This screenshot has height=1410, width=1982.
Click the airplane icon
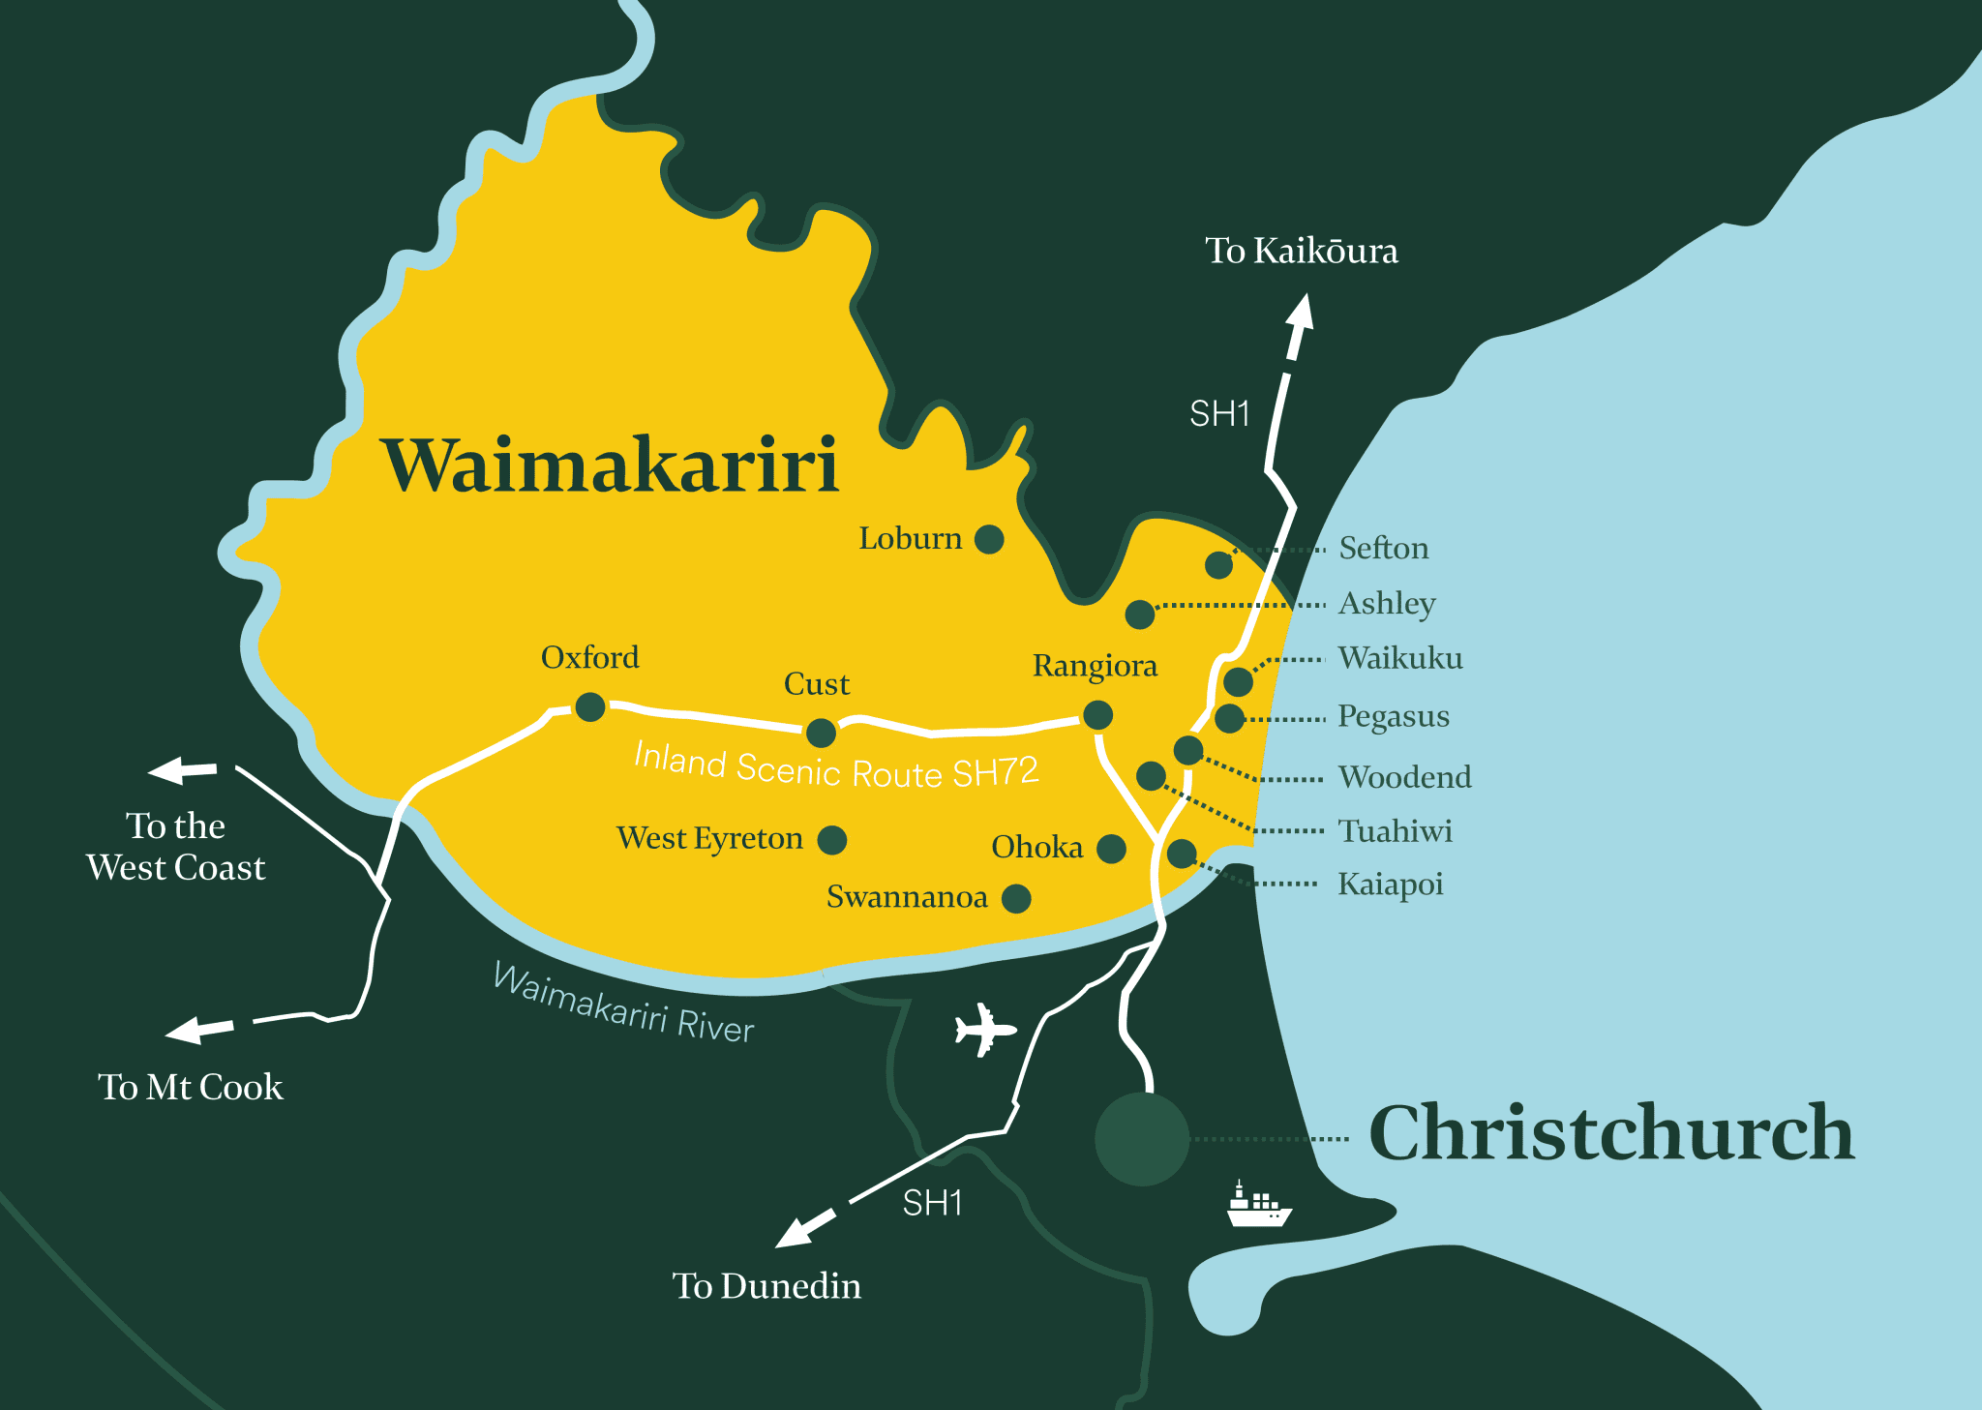coord(985,1029)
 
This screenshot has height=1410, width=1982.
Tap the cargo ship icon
coord(1258,1207)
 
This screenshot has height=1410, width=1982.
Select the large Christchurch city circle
coord(1142,1139)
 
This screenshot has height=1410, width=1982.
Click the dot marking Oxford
coord(590,706)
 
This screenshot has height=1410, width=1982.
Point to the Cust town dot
coord(821,733)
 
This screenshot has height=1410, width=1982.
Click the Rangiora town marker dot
coord(1097,715)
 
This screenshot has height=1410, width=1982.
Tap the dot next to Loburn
coord(989,539)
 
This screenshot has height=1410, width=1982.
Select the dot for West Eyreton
coord(832,840)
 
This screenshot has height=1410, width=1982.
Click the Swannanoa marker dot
coord(1016,898)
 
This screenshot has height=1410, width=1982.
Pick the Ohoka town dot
coord(1111,849)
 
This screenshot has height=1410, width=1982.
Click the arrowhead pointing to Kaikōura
coord(1301,315)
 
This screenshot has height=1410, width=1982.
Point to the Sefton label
coord(1383,548)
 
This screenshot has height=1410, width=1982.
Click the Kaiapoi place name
coord(1390,885)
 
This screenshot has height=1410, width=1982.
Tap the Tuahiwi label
coord(1395,831)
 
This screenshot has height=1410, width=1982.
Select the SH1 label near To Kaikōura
coord(1219,414)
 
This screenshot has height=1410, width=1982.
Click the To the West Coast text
coord(175,847)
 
